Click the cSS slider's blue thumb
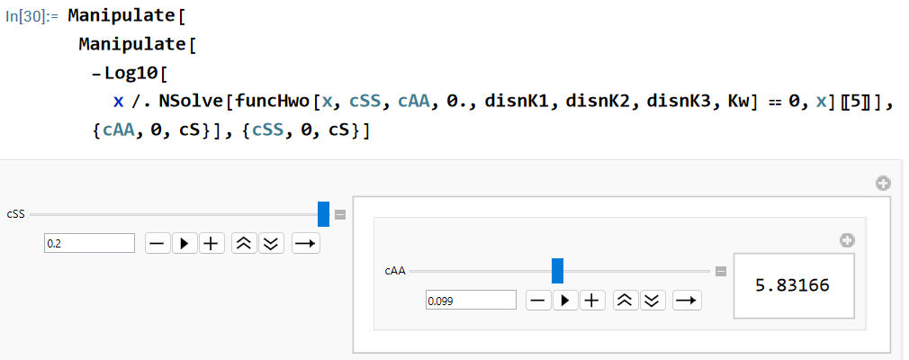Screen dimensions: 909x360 pos(323,214)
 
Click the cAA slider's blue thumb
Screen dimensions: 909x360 pos(557,271)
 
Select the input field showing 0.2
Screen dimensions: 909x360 pos(89,244)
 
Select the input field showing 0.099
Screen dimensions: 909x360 pos(471,301)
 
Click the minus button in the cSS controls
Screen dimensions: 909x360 pos(157,244)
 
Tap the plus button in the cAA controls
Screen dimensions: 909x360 pos(592,301)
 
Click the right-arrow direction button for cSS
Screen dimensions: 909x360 pos(305,244)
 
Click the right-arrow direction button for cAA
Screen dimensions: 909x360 pos(687,301)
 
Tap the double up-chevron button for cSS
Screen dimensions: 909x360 pos(244,244)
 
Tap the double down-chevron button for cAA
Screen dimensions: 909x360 pos(652,301)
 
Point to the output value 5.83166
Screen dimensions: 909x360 pos(793,285)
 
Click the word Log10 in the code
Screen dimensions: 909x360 pos(130,73)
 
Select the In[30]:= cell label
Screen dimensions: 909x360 pos(31,16)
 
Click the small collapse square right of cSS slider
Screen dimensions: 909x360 pos(340,214)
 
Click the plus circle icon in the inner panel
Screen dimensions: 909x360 pos(847,240)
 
